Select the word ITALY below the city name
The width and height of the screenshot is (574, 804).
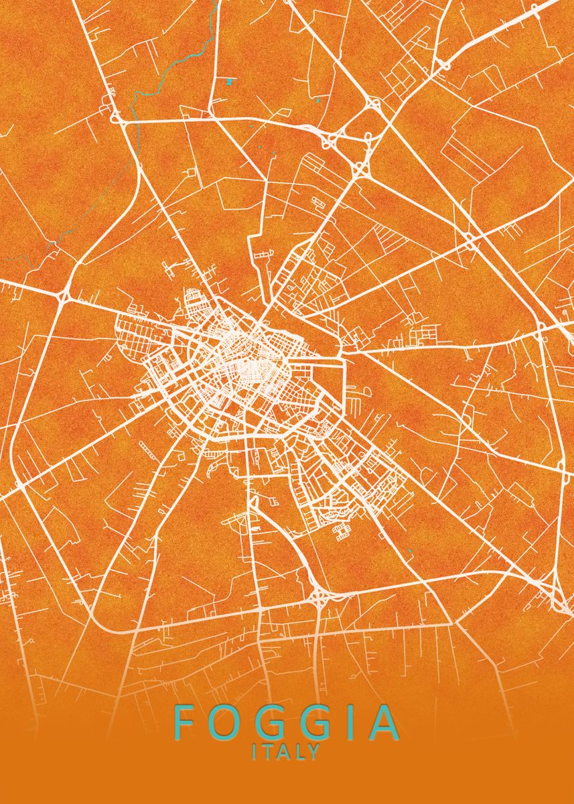click(x=287, y=752)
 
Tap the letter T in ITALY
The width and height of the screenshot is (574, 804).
click(x=268, y=752)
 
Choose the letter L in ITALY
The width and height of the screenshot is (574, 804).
click(x=301, y=752)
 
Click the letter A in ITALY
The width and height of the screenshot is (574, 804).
click(x=285, y=752)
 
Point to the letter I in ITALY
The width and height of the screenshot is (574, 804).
click(x=255, y=752)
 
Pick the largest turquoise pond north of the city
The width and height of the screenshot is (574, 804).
click(x=230, y=81)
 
